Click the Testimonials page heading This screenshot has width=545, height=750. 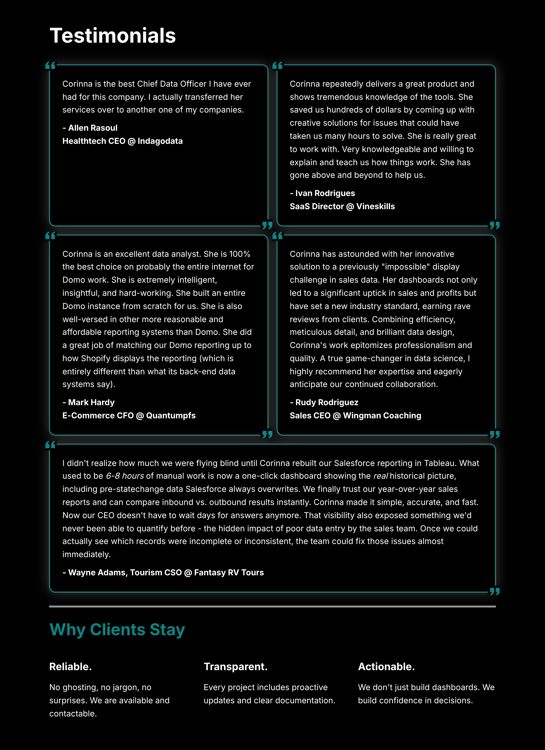113,36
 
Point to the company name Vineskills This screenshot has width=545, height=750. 375,207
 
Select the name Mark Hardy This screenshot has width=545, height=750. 91,402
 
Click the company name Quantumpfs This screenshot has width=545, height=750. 171,416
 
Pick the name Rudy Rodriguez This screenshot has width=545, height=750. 327,402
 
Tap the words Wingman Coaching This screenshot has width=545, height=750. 382,416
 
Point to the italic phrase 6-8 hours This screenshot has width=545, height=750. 125,476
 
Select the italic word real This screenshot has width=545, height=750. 380,476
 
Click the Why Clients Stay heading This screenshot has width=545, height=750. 117,630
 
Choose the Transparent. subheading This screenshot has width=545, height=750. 235,667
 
